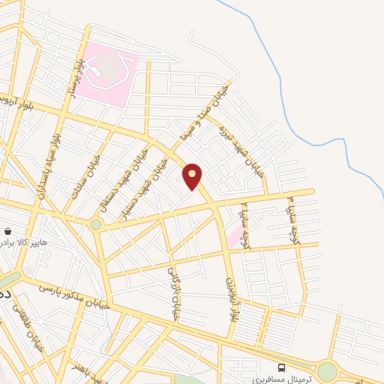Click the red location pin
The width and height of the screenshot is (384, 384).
click(x=193, y=176)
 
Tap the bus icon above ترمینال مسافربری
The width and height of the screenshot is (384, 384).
click(x=281, y=367)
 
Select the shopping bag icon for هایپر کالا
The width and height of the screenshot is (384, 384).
click(x=7, y=232)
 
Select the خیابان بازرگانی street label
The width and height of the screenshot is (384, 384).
click(x=172, y=293)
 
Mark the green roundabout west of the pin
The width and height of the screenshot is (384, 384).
click(x=95, y=224)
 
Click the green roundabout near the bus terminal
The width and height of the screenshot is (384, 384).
click(x=327, y=371)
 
